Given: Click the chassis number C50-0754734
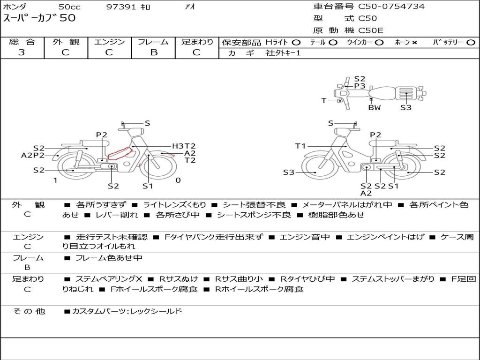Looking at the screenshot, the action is point(391,6).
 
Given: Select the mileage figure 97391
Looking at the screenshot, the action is point(121,7).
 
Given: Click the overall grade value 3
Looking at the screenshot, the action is point(22,52).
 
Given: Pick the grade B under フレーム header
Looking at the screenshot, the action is point(154,52).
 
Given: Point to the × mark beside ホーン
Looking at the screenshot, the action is point(414,43).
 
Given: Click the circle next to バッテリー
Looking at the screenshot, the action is point(471,43).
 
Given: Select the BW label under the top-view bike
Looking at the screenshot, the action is point(375,107).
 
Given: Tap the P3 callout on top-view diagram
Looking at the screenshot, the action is point(360,86).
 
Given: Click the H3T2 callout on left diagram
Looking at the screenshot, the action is point(184,146).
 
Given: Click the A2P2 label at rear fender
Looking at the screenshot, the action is point(33,155).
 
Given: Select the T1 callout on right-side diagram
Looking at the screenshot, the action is point(300,146).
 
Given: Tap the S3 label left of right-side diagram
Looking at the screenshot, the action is point(289,172).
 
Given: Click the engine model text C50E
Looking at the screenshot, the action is point(371,30).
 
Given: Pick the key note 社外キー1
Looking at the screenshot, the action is point(283,53).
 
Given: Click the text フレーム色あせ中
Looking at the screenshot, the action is point(109,258).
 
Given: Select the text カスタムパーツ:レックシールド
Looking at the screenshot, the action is point(127,311).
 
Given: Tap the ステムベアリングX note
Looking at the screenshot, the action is point(109,279).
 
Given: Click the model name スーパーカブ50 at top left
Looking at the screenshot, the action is point(39,18).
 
